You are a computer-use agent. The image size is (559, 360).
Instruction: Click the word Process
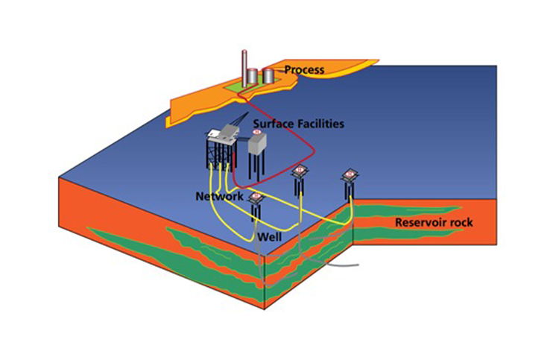point(304,70)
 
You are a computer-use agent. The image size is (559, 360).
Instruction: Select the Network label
point(220,196)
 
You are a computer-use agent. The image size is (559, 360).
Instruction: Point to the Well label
point(270,237)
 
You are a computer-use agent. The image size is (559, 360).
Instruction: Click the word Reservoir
point(419,222)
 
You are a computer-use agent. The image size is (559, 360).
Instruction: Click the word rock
point(460,222)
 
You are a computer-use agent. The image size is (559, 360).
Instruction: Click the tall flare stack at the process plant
point(244,69)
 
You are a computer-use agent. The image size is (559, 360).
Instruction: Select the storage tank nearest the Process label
point(268,75)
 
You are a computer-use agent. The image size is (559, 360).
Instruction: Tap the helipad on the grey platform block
point(257,132)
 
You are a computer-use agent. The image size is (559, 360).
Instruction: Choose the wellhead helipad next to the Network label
point(256,197)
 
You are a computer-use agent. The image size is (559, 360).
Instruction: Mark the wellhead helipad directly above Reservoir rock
point(350,174)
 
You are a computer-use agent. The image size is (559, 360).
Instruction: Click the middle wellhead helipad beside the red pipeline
point(300,171)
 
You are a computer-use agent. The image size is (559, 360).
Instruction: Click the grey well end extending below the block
point(342,265)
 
